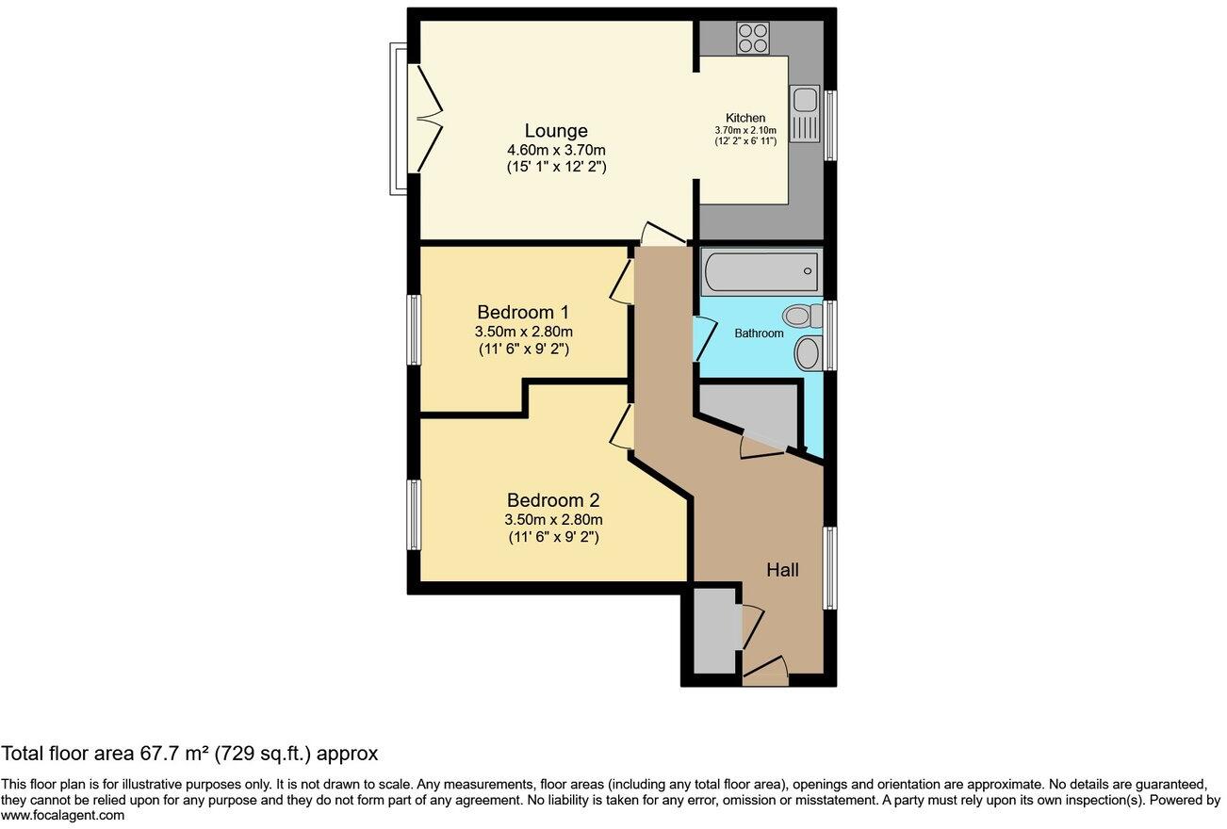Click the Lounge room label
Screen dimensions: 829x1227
(x=556, y=131)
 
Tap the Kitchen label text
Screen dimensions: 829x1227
(x=744, y=117)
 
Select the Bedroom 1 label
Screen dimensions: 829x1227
(x=523, y=312)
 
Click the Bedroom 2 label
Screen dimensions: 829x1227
(x=553, y=500)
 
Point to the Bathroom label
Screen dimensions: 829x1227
(x=759, y=333)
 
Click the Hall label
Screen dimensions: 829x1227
(x=782, y=570)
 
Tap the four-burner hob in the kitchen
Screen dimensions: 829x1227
(x=753, y=38)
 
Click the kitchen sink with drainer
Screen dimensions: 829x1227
(x=806, y=113)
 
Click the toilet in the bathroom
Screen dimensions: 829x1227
(x=800, y=316)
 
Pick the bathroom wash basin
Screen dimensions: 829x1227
(x=809, y=353)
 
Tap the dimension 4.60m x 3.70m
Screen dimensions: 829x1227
(x=556, y=150)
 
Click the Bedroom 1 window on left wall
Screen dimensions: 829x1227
(x=414, y=330)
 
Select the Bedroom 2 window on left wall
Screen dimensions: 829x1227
(x=414, y=514)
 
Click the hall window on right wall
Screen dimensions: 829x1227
(x=830, y=567)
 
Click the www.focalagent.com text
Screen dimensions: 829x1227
(x=62, y=816)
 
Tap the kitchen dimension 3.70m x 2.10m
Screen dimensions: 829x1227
(x=744, y=130)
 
